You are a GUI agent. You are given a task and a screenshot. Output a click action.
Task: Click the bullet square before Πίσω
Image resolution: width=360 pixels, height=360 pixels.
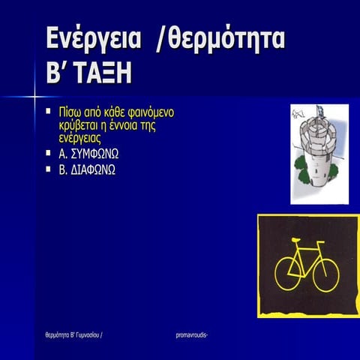click(x=48, y=112)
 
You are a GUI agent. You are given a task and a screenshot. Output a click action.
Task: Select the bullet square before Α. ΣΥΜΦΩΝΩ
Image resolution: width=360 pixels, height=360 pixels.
click(x=48, y=153)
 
